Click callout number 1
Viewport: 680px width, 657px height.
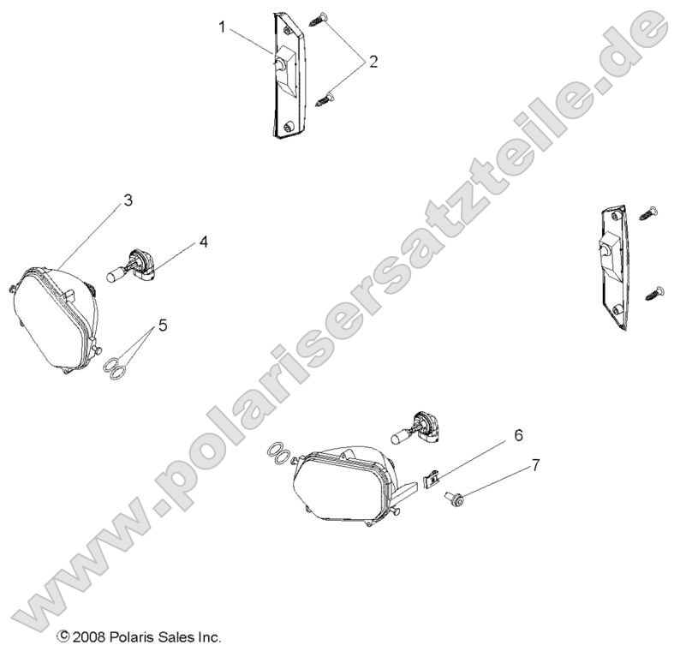click(x=223, y=27)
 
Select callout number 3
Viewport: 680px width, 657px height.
click(x=127, y=200)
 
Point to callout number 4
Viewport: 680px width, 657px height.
click(x=203, y=242)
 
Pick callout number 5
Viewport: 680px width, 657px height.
click(x=162, y=326)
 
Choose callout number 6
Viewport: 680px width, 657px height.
click(x=518, y=435)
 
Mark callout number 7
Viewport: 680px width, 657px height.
click(x=536, y=464)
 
